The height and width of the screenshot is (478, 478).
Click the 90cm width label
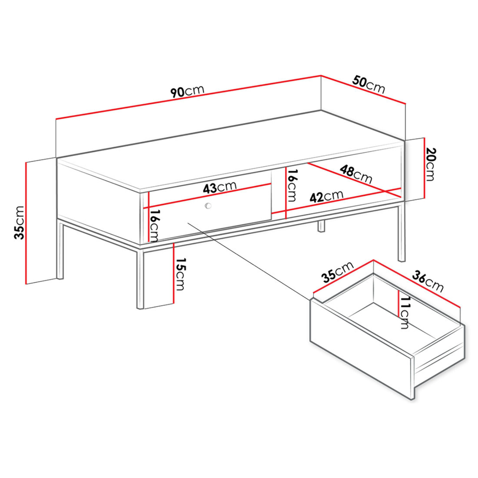tap(187, 91)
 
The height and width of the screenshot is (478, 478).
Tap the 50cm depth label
tap(369, 85)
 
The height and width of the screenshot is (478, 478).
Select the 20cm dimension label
tap(431, 164)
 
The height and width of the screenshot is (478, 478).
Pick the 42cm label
tap(326, 196)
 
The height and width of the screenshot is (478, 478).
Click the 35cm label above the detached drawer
tap(338, 272)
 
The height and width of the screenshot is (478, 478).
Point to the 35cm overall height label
tap(19, 223)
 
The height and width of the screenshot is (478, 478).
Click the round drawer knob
tap(208, 206)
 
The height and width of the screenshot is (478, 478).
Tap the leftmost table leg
tap(60, 251)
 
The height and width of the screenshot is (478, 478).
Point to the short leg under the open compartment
tap(321, 226)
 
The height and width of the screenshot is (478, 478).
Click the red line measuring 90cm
tap(188, 97)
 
